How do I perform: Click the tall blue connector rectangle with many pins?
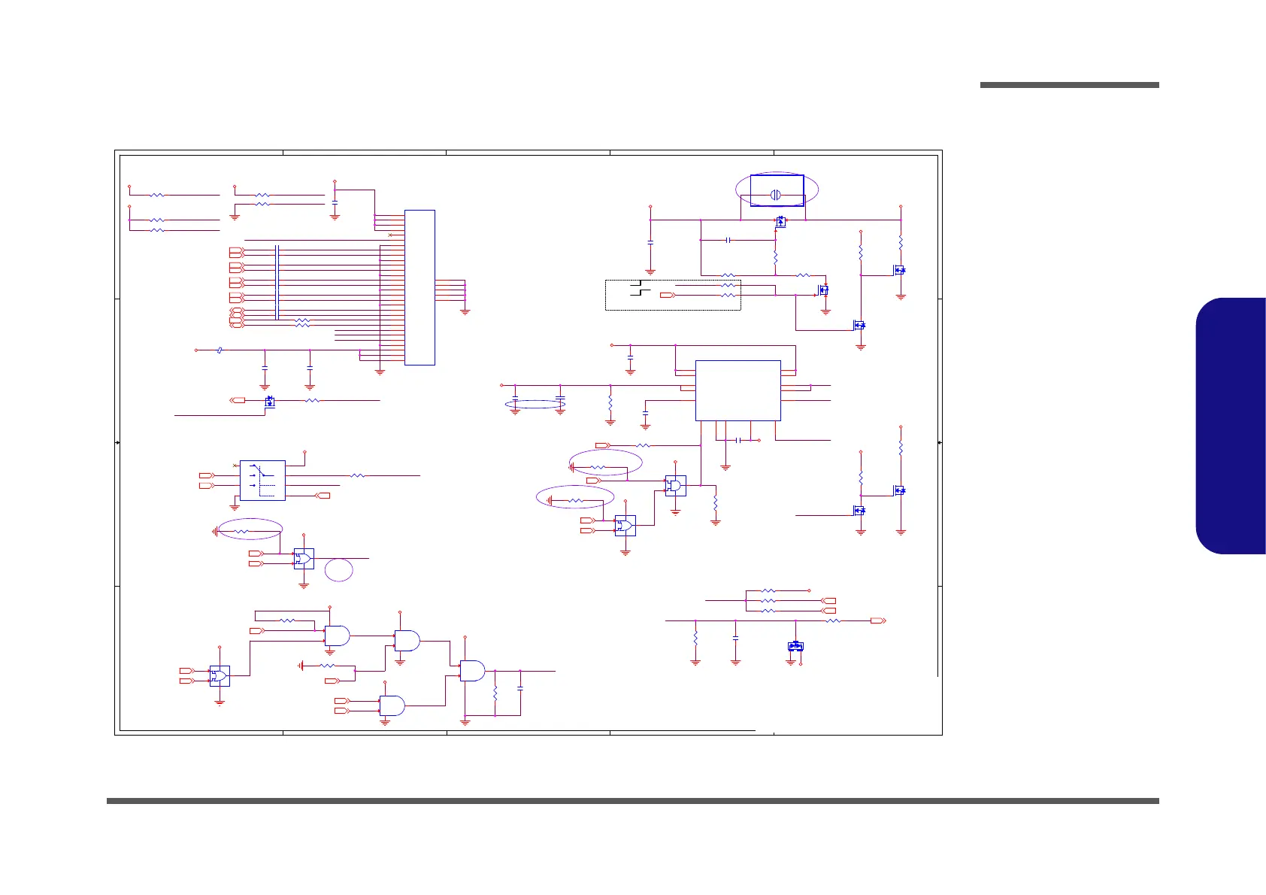(419, 287)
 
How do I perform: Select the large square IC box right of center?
(737, 390)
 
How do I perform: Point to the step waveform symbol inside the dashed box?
(640, 287)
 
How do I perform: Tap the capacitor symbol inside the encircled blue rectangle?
(776, 195)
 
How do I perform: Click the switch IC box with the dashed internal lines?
(262, 481)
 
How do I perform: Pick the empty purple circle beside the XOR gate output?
(339, 569)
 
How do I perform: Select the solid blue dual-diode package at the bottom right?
(795, 646)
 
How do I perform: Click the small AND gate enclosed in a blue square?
(675, 486)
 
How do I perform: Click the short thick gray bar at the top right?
(1069, 85)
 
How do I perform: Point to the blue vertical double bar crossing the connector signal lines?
(277, 282)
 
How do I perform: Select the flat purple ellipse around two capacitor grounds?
(536, 405)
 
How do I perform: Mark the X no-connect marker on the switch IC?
(236, 466)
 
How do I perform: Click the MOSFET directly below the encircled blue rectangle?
(780, 222)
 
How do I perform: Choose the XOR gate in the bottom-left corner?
(220, 675)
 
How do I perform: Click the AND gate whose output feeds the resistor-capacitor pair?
(472, 671)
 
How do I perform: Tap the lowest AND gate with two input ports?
(392, 705)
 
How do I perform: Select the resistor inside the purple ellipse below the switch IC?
(242, 531)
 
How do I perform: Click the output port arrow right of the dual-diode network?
(877, 620)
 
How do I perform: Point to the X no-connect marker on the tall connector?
(389, 235)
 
